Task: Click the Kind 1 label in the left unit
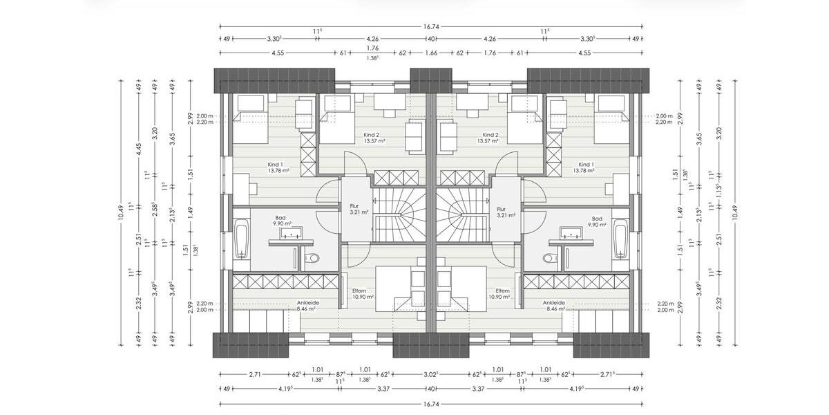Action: click(x=276, y=165)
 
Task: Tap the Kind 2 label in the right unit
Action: click(x=490, y=135)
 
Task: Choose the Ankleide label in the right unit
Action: click(x=554, y=302)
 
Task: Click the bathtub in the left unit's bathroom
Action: click(x=242, y=238)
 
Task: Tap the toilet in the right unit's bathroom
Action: click(x=550, y=259)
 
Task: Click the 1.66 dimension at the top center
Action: click(x=431, y=53)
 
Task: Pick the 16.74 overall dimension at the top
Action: click(x=431, y=27)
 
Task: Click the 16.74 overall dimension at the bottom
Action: click(x=431, y=403)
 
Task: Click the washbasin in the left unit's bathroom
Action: click(x=291, y=233)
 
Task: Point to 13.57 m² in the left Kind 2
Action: click(x=374, y=141)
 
